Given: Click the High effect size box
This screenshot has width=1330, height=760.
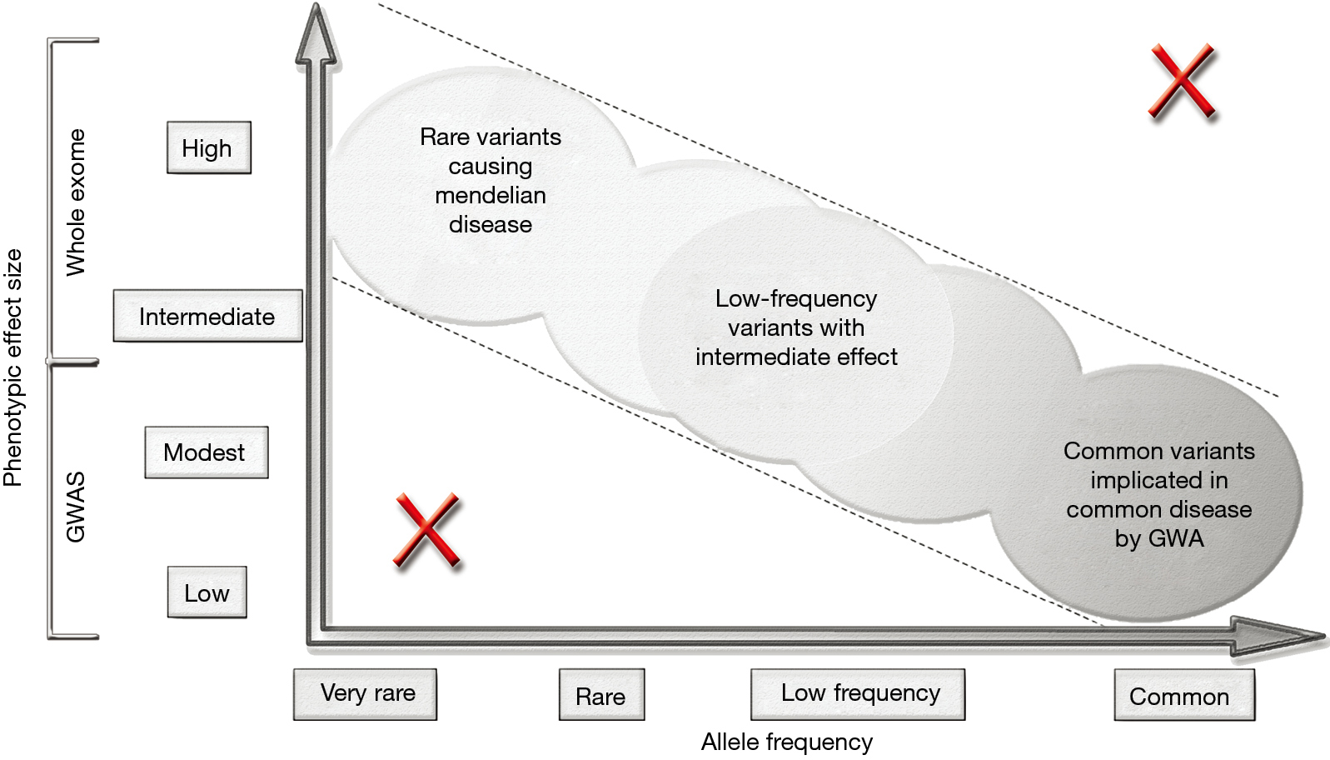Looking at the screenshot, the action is coord(208,148).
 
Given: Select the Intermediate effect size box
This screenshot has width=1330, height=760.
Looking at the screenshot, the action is coord(208,316).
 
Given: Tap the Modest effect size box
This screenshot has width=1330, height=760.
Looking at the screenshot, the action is coord(206,452).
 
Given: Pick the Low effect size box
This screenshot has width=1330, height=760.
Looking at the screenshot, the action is coord(207,592).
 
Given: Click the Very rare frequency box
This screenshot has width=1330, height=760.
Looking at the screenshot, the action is coord(365,695).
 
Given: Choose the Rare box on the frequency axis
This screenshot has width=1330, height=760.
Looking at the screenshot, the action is coord(601,695).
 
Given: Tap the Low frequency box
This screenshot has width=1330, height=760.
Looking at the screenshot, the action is coord(858,695).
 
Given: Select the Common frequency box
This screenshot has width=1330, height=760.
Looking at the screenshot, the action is coord(1184,695).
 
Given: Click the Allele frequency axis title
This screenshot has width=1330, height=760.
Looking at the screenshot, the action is coord(787,742).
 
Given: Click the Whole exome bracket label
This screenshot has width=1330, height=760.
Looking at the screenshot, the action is coord(76,202).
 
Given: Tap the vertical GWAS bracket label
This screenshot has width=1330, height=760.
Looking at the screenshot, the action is coord(76,507).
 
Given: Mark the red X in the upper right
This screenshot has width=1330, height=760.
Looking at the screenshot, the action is coord(1182,80).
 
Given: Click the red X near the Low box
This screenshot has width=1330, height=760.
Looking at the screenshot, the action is coord(426,530).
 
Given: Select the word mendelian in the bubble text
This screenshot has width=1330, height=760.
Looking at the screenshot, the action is coord(491,196).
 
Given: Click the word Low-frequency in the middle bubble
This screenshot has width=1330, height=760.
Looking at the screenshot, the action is coord(795,298).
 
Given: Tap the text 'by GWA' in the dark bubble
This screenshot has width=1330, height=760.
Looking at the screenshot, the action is coord(1159,539).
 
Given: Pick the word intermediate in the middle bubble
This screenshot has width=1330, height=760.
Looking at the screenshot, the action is coord(762,357).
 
